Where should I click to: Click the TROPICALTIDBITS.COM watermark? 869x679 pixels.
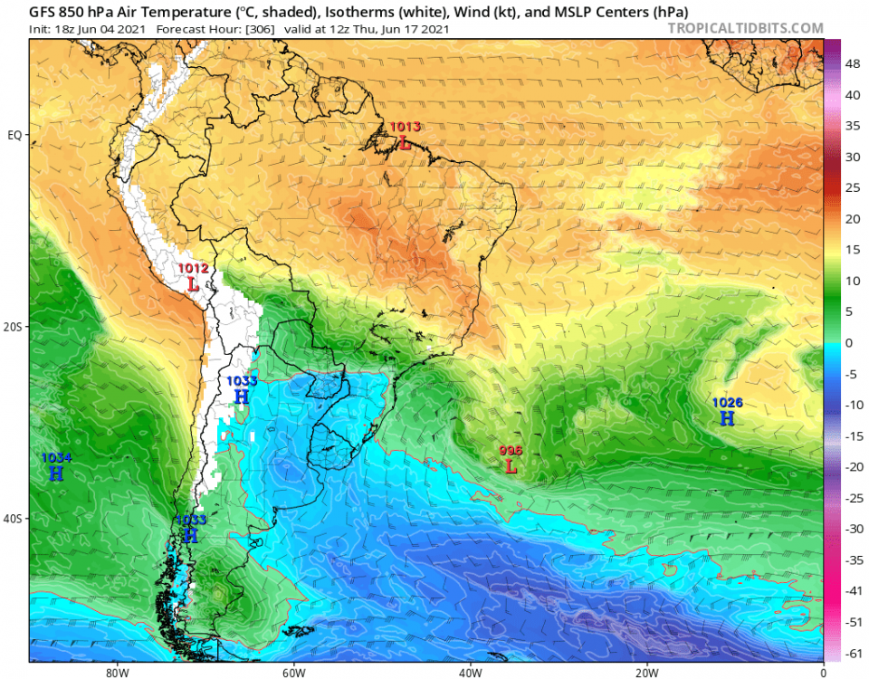745,28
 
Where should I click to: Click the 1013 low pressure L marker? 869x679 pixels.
406,143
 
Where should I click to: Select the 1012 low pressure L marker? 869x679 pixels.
193,283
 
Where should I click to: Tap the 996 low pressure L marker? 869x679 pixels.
511,466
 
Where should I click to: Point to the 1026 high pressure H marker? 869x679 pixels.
727,418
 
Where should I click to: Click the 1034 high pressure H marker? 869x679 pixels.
56,473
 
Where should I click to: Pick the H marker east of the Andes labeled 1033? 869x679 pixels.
242,397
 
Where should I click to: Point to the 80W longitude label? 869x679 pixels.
115,671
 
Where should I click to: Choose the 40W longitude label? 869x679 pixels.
469,671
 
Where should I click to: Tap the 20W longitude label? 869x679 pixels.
645,671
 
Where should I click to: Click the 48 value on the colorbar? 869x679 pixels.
852,64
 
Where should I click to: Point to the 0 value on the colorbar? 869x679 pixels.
848,342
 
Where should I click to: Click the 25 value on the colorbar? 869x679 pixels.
852,187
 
